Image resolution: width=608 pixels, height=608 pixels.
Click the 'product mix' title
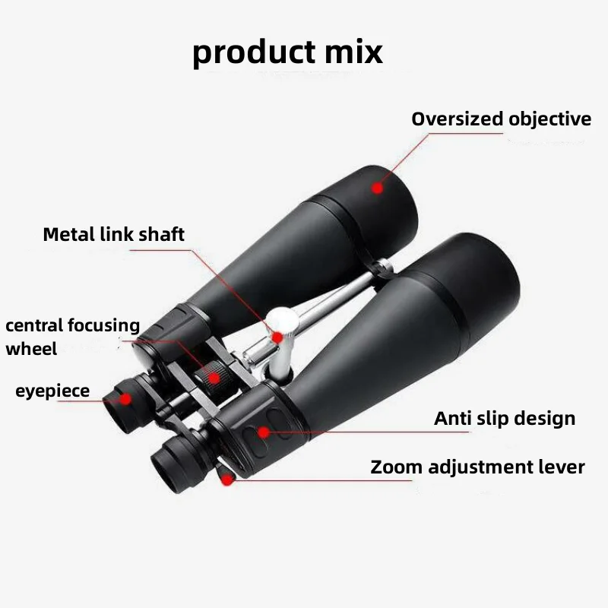click(287, 52)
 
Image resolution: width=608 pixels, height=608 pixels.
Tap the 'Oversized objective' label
click(501, 119)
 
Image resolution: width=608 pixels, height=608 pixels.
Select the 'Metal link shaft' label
click(113, 234)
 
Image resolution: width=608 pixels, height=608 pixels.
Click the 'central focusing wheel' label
click(72, 337)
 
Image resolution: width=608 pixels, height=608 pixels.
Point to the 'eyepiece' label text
click(52, 391)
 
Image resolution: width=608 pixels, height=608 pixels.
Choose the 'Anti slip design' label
click(505, 418)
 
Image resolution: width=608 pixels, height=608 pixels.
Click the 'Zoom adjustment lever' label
click(478, 467)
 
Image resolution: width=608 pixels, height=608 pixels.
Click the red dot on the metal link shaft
click(278, 336)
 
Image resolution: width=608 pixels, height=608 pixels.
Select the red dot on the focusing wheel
click(215, 377)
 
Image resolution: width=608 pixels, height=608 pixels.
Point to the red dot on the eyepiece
click(125, 397)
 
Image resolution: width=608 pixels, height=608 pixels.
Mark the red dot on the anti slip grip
click(264, 432)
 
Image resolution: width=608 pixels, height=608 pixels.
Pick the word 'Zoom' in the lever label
click(395, 467)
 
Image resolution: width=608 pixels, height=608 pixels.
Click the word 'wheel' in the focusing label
click(31, 350)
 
